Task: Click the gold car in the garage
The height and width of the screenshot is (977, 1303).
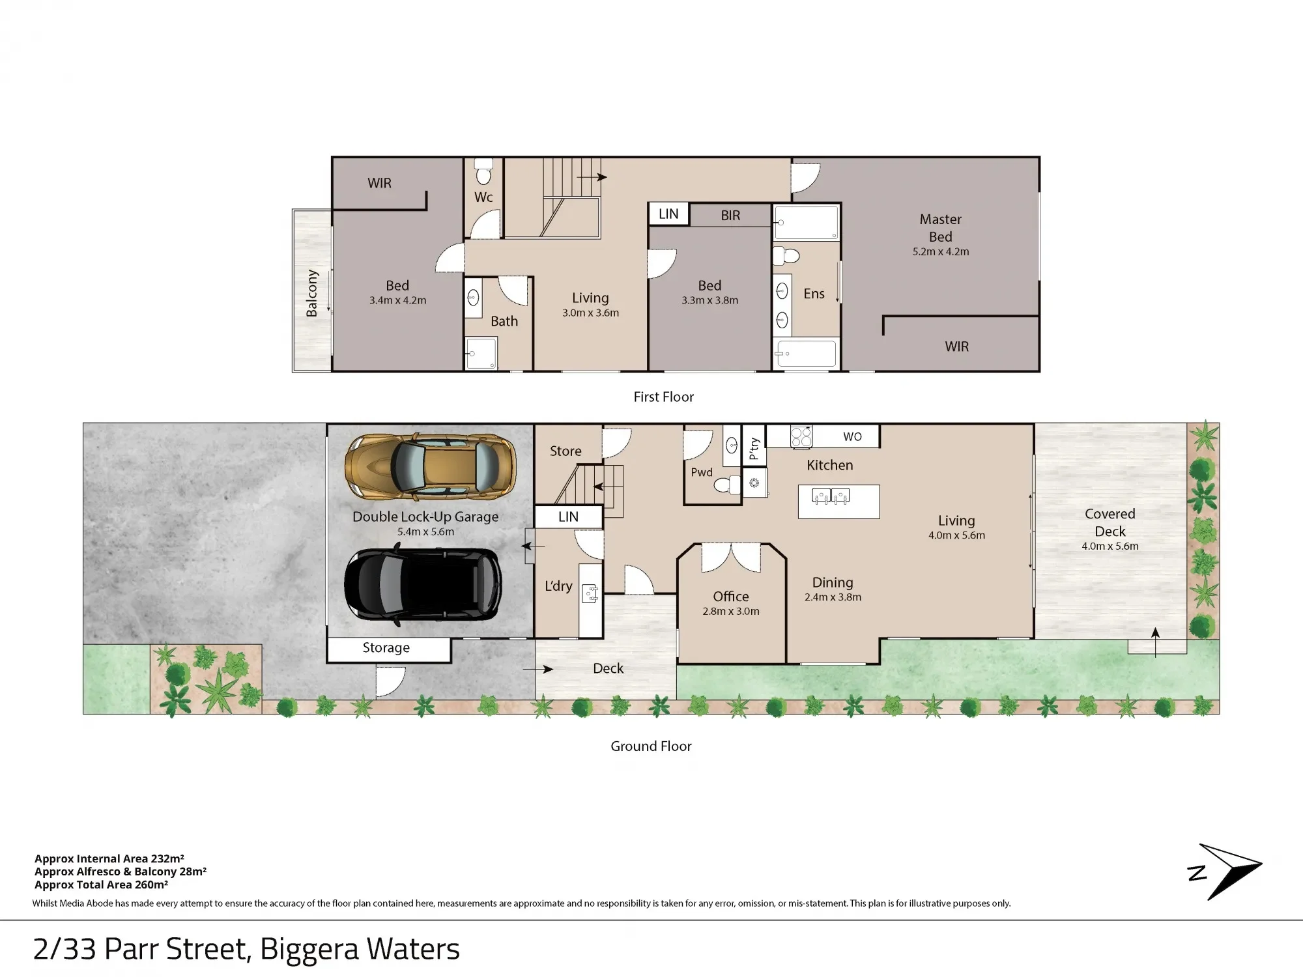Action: [x=431, y=467]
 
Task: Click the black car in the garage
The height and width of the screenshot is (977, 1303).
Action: [x=423, y=584]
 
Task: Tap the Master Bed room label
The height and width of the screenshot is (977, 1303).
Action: [x=940, y=228]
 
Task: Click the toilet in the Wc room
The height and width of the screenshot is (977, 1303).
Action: [x=483, y=171]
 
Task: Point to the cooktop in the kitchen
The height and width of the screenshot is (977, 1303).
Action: [x=801, y=437]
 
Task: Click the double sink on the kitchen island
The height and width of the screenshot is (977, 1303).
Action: [x=831, y=497]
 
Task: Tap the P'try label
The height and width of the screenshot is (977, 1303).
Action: [x=754, y=449]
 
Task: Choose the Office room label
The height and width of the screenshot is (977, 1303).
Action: [x=731, y=597]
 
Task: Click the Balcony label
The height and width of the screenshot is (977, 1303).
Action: [x=312, y=293]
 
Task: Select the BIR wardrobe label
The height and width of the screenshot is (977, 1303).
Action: [x=730, y=216]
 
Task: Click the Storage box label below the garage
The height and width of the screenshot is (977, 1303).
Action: [x=386, y=648]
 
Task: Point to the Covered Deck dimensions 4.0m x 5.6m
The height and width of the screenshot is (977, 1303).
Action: [x=1110, y=546]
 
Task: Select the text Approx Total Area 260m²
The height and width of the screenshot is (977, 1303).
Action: [x=102, y=885]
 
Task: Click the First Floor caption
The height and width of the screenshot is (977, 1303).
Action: [x=664, y=397]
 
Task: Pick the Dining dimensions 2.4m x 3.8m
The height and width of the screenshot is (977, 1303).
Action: [x=833, y=597]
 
